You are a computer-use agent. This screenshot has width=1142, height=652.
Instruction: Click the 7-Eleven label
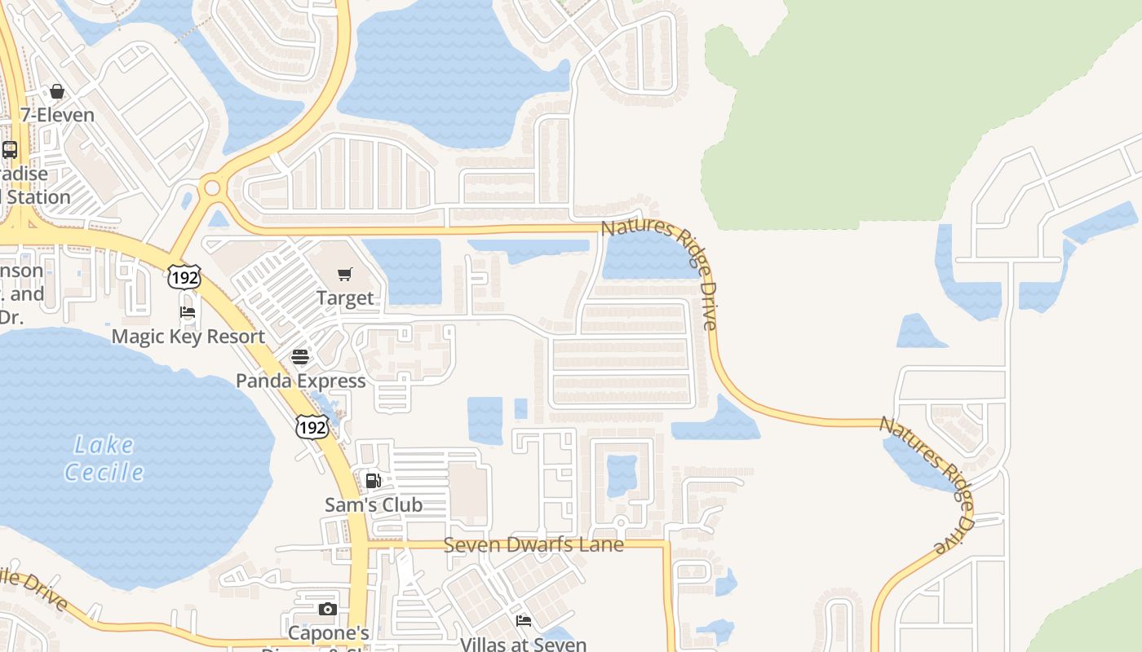57,115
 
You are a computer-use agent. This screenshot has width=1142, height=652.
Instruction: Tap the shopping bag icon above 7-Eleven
57,91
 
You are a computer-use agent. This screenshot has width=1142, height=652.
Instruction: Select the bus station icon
10,150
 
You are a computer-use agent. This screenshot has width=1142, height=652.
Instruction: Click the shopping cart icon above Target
345,275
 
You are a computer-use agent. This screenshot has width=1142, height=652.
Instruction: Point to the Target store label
345,298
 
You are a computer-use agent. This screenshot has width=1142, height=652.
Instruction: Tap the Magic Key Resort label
188,337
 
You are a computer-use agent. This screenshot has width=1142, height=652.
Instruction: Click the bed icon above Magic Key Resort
188,312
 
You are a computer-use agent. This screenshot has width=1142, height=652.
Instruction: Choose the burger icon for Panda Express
300,357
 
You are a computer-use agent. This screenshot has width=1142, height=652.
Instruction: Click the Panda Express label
300,381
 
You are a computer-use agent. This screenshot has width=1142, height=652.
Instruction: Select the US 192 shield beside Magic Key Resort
184,277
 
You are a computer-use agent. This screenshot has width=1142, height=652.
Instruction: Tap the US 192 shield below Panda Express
312,426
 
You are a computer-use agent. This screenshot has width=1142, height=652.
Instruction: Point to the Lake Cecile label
104,458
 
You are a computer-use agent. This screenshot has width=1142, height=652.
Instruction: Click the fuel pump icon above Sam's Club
373,481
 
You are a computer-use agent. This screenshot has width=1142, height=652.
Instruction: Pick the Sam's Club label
374,504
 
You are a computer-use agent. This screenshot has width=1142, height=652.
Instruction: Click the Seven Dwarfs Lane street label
533,544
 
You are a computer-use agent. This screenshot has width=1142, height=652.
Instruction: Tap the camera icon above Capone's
327,609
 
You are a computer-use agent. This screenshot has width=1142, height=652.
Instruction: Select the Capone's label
329,633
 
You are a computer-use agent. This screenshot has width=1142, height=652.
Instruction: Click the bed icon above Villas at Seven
524,621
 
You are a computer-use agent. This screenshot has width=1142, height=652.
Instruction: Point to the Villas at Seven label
523,644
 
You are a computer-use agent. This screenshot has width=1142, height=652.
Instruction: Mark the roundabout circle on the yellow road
213,188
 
